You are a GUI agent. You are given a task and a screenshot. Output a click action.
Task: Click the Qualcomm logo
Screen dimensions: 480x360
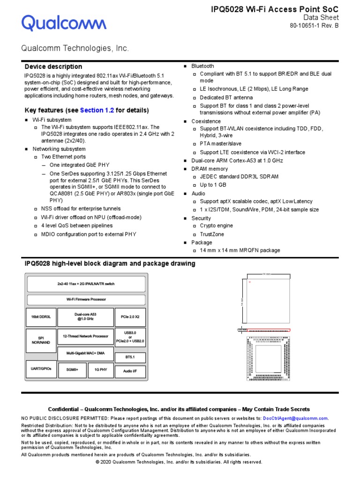[x=64, y=22]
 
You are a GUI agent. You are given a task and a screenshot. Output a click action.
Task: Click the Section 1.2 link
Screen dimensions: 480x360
[x=97, y=110]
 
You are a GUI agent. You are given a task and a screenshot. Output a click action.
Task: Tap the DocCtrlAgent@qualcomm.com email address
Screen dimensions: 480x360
[x=295, y=418]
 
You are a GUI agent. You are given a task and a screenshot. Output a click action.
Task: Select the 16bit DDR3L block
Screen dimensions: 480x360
[x=40, y=317]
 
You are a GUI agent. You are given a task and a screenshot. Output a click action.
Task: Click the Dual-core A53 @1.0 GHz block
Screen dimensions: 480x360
[x=85, y=317]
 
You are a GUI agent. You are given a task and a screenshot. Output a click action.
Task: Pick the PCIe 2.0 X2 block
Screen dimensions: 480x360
[x=130, y=317]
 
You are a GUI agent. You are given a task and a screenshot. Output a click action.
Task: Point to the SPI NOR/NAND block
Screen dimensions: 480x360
[x=40, y=340]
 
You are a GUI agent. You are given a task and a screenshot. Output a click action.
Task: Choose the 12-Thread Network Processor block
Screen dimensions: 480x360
[x=85, y=337]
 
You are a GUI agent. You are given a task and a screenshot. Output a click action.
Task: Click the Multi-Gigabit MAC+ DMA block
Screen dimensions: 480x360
[x=85, y=353]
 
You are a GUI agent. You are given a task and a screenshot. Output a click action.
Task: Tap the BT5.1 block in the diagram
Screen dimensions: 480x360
[x=130, y=357]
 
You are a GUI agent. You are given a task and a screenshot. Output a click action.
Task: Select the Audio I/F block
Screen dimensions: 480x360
[x=130, y=372]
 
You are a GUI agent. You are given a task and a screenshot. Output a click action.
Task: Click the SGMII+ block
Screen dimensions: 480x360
[x=72, y=369]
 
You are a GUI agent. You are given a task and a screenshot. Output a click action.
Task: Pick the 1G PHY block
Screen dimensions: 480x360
[x=101, y=369]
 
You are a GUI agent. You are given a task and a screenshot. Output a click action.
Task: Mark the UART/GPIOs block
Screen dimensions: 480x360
[x=40, y=368]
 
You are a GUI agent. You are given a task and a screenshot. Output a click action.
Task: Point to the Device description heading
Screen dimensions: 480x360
[x=53, y=67]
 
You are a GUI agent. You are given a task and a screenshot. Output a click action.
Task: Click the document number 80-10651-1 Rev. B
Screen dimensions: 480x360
[x=315, y=26]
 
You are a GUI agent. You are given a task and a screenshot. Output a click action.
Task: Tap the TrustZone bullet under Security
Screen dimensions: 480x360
[x=212, y=234]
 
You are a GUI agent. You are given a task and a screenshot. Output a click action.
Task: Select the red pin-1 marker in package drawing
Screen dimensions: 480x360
[x=250, y=282]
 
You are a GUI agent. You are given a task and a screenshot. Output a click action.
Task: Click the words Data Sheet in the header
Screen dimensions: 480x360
[x=321, y=17]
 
